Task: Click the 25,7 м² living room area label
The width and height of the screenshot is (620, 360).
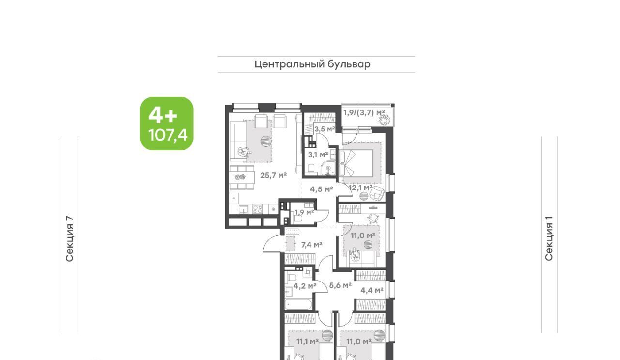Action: (x=274, y=175)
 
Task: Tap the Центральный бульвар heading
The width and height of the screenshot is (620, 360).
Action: (x=312, y=64)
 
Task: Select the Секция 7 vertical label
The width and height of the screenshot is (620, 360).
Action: (x=69, y=238)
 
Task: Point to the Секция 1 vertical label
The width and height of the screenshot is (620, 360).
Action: (x=549, y=238)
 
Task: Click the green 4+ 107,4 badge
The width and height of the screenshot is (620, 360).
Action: (x=167, y=124)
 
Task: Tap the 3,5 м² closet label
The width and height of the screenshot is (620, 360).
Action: (x=325, y=129)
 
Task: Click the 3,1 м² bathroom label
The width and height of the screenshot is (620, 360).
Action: (x=318, y=155)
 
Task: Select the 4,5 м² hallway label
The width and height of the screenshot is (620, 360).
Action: (x=321, y=189)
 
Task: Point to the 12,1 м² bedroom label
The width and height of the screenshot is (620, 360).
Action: (x=361, y=188)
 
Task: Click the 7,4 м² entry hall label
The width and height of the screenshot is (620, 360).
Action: (x=311, y=245)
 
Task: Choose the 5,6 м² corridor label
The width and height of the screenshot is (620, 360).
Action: (x=341, y=285)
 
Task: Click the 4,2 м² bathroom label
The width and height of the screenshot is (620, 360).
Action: (x=305, y=286)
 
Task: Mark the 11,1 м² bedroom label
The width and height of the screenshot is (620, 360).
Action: (x=308, y=342)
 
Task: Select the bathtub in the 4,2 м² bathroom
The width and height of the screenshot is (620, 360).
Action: (x=299, y=304)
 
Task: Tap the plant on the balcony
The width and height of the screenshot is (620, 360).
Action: (x=385, y=120)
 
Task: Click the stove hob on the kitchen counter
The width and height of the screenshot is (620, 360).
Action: (x=257, y=209)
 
